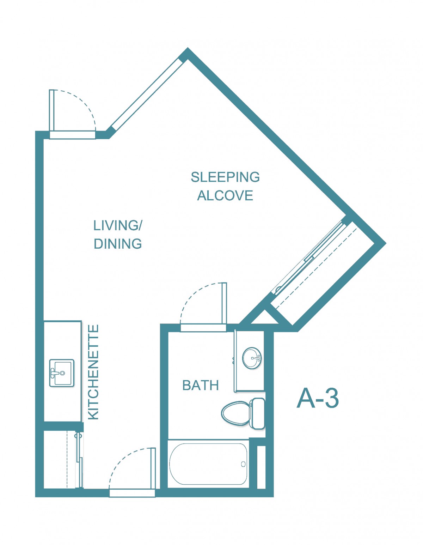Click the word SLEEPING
(x=225, y=177)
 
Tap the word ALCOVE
(x=225, y=196)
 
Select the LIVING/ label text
(x=118, y=225)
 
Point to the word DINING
(x=118, y=244)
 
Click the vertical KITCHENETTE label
(x=94, y=372)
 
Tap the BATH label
(x=201, y=386)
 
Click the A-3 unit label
(x=318, y=398)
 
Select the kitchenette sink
(x=62, y=373)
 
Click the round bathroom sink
(x=252, y=358)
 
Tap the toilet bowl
(x=235, y=413)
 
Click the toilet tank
(x=257, y=413)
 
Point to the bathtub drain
(x=243, y=464)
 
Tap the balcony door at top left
(x=51, y=110)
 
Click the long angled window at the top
(x=147, y=94)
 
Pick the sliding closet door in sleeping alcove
(x=309, y=257)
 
